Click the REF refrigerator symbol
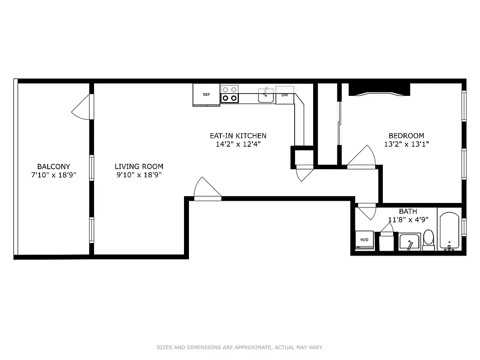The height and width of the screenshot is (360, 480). [x=206, y=94]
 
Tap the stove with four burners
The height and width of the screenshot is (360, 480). [x=229, y=94]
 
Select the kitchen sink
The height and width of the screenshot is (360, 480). [x=265, y=95]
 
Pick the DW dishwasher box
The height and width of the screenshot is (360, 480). [x=285, y=95]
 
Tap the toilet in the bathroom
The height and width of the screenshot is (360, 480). [x=429, y=239]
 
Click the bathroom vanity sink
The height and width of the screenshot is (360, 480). [x=409, y=242]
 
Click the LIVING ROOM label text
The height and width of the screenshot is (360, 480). [x=139, y=166]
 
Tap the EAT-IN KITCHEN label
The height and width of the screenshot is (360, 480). [x=238, y=135]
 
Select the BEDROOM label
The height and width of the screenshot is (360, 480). [x=406, y=135]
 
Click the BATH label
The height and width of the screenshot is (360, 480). [x=408, y=211]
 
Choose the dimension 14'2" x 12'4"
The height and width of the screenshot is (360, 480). [x=238, y=144]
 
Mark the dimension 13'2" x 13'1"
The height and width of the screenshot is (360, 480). [x=406, y=144]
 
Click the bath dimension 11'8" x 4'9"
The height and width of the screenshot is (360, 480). [x=408, y=220]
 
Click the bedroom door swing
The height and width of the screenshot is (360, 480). [x=362, y=157]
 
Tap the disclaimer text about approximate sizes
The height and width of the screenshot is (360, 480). [x=240, y=347]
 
